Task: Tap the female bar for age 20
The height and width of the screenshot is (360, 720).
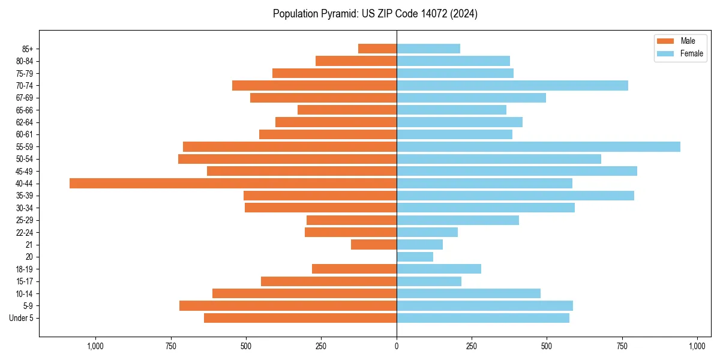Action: click(415, 257)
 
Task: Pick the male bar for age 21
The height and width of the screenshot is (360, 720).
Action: click(374, 244)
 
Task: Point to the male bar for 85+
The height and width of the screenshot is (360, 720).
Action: click(377, 49)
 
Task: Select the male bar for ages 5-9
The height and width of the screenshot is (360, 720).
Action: click(288, 305)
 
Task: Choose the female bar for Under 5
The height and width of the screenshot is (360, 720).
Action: click(483, 318)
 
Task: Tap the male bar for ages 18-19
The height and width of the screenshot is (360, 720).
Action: click(354, 269)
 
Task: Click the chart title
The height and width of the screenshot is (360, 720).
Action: click(375, 14)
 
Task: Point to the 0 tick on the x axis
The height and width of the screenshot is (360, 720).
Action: click(397, 346)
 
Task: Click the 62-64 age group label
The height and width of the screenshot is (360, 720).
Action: click(25, 122)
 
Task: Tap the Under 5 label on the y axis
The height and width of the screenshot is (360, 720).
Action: click(22, 318)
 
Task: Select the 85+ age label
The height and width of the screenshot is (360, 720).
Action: click(28, 49)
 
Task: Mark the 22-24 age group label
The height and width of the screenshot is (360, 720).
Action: click(25, 232)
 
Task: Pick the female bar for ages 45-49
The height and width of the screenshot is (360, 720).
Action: click(517, 171)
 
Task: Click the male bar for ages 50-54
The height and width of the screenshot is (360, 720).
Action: click(287, 158)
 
